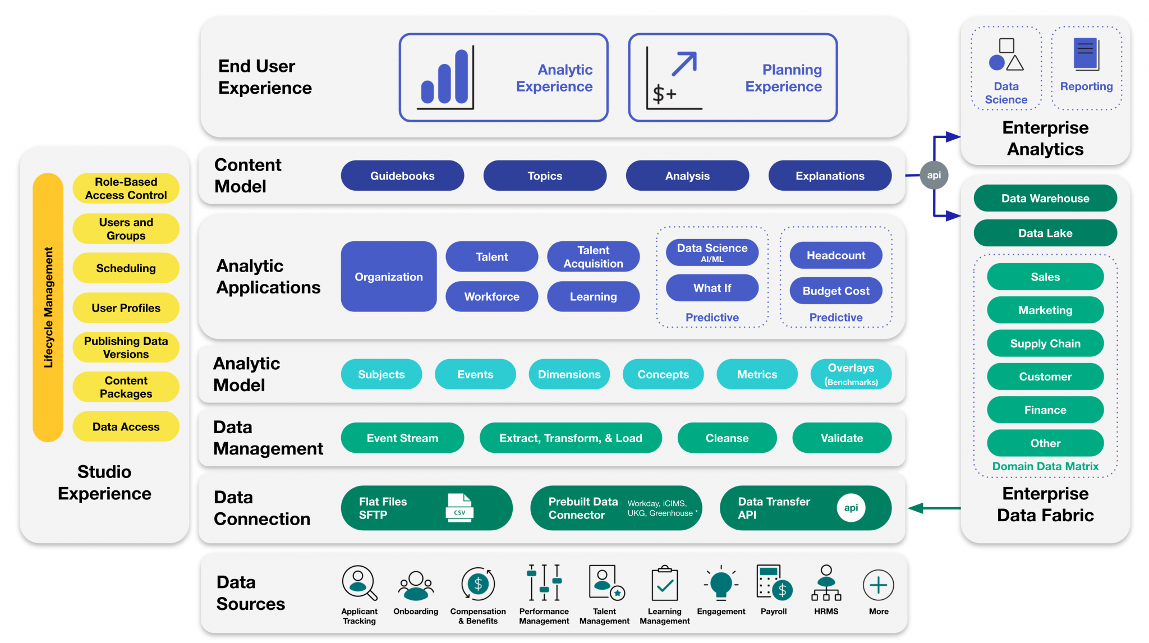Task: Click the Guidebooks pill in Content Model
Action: (x=402, y=176)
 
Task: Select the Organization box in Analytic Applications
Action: (x=388, y=277)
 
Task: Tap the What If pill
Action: (x=712, y=288)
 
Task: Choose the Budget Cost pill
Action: (x=835, y=291)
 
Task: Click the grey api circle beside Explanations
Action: (x=934, y=175)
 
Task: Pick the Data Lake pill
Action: (x=1045, y=233)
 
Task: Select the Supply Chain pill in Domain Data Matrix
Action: (x=1045, y=343)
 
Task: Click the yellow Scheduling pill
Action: (x=126, y=268)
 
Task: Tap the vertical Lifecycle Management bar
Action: (x=48, y=307)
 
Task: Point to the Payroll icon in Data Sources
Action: (x=774, y=584)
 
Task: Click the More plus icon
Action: (x=878, y=585)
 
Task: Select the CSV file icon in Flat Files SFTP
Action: (x=459, y=508)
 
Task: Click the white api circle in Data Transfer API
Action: (x=851, y=508)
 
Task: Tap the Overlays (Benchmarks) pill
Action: (x=851, y=374)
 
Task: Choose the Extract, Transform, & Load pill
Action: (x=571, y=438)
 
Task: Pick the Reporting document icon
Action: (x=1086, y=55)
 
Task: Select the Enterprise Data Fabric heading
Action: (x=1045, y=504)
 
